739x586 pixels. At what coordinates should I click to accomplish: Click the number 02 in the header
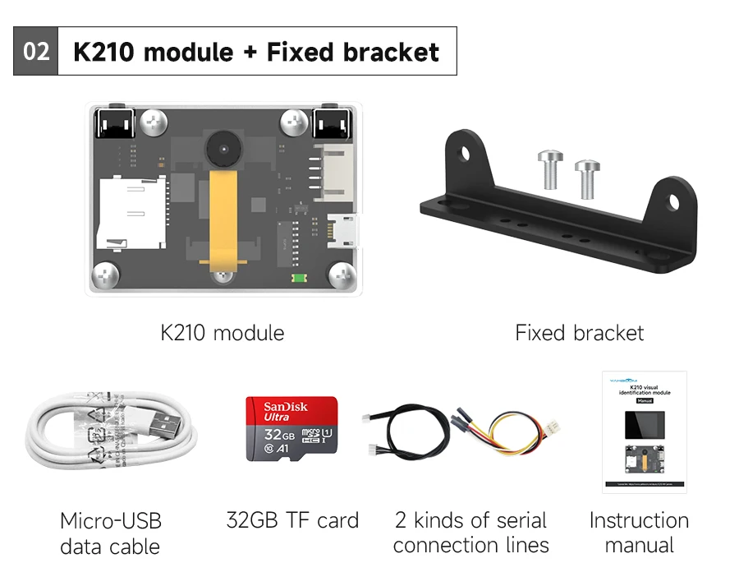coord(36,53)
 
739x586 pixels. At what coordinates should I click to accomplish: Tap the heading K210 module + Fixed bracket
coord(256,53)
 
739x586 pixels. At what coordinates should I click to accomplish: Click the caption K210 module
coord(223,333)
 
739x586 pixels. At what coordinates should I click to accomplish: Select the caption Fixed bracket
coord(579,333)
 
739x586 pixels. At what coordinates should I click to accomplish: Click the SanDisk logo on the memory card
coord(286,407)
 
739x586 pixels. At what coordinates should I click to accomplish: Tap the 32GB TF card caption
coord(292,520)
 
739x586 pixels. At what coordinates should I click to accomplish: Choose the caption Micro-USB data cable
coord(111,533)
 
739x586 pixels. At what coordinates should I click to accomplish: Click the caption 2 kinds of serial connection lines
coord(470,533)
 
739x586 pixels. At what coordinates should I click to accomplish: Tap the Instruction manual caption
coord(639,533)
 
